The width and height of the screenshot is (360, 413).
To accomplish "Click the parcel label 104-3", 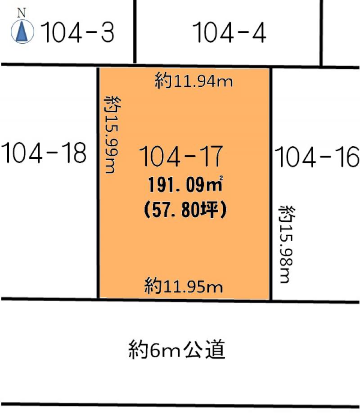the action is click(x=78, y=32).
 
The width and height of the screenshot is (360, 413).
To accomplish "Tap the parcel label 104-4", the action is click(x=229, y=32).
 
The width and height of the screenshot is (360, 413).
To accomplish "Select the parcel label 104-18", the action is click(x=44, y=153).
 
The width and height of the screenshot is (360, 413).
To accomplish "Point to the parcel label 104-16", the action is click(x=317, y=157).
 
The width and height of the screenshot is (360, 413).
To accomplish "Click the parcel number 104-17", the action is click(x=181, y=156).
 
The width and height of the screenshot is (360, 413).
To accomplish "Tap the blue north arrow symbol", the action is click(x=22, y=32).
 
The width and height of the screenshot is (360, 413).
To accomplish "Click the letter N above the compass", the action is click(x=22, y=13).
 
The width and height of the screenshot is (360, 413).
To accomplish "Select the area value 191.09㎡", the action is click(x=185, y=184).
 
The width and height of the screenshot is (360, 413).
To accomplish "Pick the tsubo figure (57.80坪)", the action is click(x=185, y=210).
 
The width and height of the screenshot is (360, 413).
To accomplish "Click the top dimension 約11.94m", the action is click(x=193, y=81).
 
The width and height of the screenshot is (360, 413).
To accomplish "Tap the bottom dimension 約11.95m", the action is click(x=184, y=286).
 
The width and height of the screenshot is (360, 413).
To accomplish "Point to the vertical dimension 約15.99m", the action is click(x=112, y=135).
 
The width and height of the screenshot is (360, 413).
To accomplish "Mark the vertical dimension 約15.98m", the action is click(x=287, y=244).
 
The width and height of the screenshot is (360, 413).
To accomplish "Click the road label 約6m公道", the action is click(x=177, y=350).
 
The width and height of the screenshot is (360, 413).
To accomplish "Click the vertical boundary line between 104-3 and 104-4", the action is click(x=135, y=31).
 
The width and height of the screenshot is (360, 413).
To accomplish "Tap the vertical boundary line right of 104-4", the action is click(x=321, y=33).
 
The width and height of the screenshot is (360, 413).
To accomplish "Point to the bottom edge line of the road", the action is click(x=180, y=404).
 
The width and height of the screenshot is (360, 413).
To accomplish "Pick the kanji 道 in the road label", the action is click(x=215, y=350).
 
